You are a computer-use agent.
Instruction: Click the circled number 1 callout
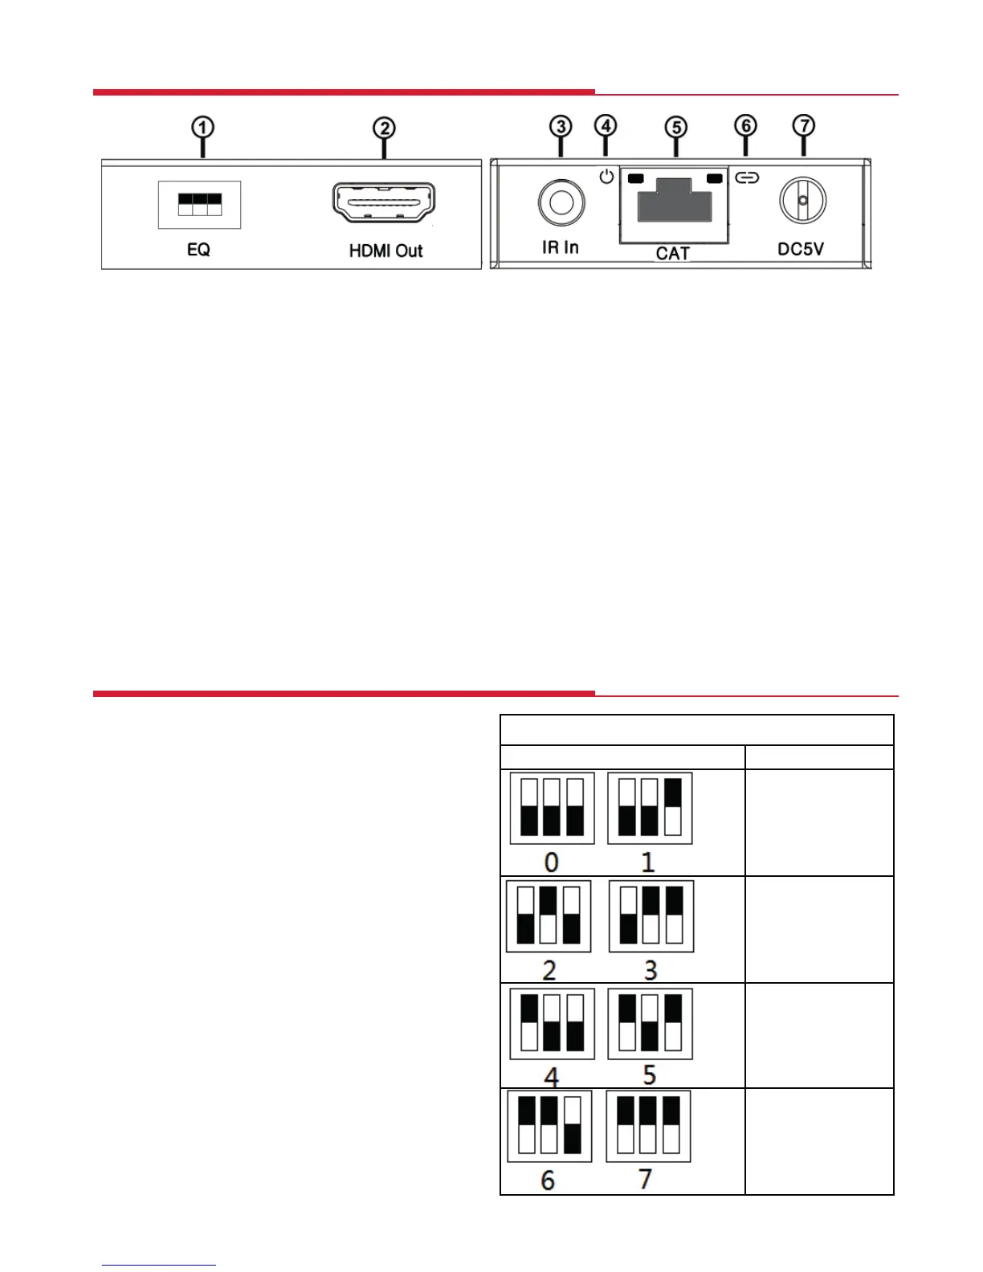tap(203, 128)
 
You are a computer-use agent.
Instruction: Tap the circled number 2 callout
tap(384, 128)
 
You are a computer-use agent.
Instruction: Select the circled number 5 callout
tap(676, 128)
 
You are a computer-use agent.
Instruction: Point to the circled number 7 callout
tap(803, 126)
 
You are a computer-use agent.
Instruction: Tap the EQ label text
tap(198, 250)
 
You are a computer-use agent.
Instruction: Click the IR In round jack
tap(561, 201)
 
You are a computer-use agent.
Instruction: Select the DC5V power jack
tap(802, 200)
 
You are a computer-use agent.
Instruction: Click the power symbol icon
tap(606, 176)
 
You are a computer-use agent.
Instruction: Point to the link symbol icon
tap(747, 177)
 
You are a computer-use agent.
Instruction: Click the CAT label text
tap(672, 254)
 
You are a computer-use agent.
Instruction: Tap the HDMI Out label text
tap(385, 251)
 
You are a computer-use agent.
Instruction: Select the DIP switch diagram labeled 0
tap(552, 808)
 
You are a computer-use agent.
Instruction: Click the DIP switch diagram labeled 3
tap(651, 916)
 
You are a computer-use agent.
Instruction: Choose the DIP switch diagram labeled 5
tap(650, 1023)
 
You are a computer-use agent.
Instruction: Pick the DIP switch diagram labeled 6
tap(549, 1126)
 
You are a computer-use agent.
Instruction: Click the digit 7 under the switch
tap(645, 1179)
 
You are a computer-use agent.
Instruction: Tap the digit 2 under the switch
tap(549, 970)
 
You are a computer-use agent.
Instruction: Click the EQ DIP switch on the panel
tap(199, 204)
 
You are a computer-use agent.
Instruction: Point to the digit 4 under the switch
tap(551, 1076)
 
